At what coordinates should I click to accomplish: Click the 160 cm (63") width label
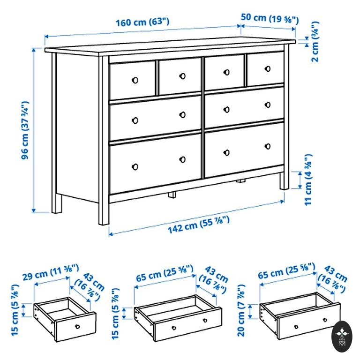[142, 22]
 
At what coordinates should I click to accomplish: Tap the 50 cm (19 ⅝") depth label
[270, 18]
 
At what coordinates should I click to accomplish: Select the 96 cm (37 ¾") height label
[25, 130]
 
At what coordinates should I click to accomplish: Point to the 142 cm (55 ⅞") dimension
[199, 225]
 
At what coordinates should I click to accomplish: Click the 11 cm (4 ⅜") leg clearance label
[308, 180]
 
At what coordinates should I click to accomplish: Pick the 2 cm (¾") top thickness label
[315, 42]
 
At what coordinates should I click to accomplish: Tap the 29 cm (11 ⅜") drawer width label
[51, 272]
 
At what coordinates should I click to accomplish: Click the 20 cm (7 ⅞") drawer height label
[241, 311]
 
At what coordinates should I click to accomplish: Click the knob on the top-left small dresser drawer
[135, 80]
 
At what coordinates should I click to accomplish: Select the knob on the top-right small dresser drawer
[268, 68]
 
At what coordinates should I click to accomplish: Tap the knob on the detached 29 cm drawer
[77, 326]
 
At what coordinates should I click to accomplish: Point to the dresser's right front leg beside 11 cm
[284, 181]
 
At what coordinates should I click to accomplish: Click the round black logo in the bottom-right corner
[342, 337]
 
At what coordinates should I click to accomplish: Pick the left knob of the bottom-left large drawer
[135, 167]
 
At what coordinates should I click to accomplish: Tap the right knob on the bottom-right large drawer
[268, 146]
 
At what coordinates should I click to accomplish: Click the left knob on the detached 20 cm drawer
[296, 327]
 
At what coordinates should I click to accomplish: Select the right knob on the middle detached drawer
[205, 320]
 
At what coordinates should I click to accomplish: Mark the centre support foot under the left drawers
[172, 195]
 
